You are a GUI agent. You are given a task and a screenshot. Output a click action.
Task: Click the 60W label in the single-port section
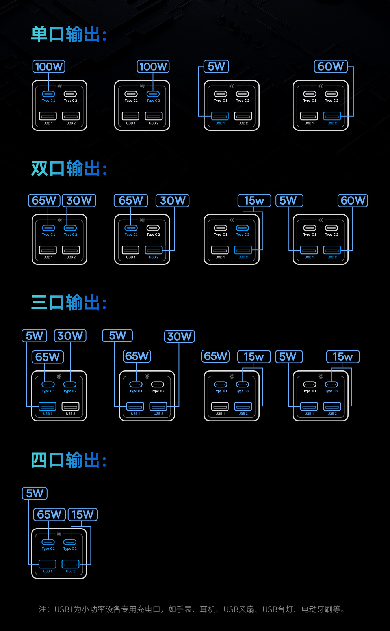331,67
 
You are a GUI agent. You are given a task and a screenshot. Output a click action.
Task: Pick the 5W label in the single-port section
216,67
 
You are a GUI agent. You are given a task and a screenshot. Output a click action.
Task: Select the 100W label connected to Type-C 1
49,67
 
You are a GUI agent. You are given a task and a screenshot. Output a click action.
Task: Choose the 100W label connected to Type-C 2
153,67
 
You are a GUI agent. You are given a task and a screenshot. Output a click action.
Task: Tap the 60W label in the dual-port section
353,201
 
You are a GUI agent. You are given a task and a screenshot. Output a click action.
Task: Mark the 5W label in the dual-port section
289,201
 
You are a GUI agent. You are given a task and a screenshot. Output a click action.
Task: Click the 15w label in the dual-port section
254,201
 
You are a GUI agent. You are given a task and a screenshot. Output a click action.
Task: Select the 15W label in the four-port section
82,515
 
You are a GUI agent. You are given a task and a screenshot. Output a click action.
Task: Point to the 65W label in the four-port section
49,515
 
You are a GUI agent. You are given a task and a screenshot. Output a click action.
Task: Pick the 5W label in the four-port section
35,493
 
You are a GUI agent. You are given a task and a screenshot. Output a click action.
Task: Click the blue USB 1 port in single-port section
220,116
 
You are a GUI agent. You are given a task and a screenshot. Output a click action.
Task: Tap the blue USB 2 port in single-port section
332,116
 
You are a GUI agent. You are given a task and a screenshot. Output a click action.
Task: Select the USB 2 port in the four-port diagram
70,564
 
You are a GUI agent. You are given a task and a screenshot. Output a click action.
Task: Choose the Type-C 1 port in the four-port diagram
48,542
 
